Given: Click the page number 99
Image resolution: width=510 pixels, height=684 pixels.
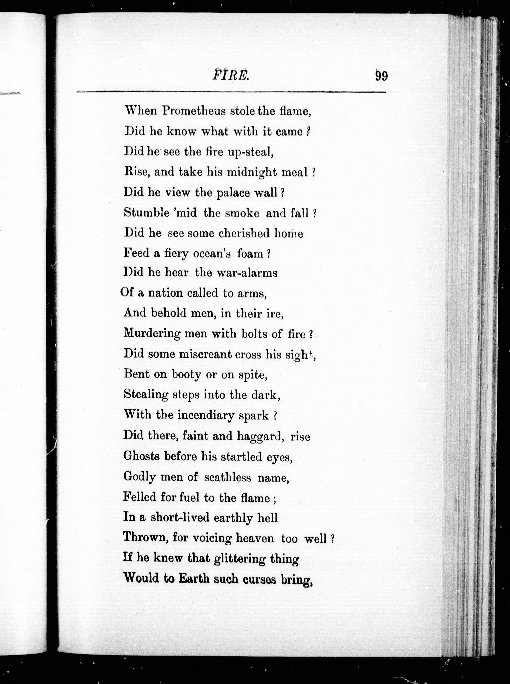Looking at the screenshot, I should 381,76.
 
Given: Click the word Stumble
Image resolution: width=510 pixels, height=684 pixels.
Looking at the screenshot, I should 147,213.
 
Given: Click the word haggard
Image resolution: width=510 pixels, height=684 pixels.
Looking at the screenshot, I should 260,436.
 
